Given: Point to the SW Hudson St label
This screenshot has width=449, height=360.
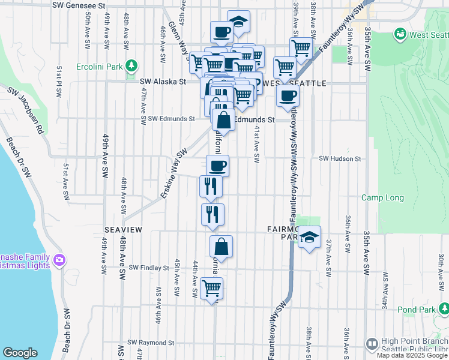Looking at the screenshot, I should (340, 159).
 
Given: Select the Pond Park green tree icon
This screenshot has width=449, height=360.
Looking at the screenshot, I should (444, 309).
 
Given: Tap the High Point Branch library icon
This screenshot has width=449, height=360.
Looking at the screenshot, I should (372, 344).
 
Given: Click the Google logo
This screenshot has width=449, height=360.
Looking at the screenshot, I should (20, 353).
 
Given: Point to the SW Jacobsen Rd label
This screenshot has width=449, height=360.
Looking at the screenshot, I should (25, 112).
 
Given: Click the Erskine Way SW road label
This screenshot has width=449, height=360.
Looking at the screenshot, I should (174, 174).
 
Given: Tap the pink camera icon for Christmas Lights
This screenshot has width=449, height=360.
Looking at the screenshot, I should (59, 260).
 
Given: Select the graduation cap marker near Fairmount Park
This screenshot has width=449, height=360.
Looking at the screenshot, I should (309, 238).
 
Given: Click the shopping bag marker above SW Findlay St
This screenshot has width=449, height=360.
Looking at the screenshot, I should (221, 246).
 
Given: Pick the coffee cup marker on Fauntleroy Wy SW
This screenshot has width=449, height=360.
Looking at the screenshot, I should (288, 95).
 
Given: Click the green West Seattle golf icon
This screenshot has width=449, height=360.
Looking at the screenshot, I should (400, 34).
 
